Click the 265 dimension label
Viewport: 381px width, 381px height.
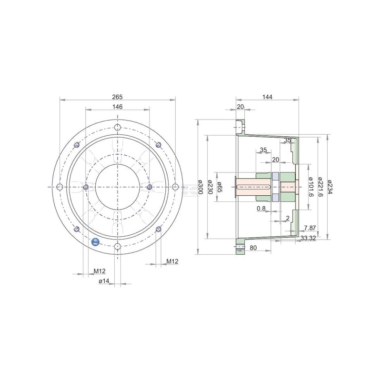[x=117, y=97]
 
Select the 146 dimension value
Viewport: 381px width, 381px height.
[x=117, y=107]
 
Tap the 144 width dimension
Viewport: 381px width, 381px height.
[x=267, y=97]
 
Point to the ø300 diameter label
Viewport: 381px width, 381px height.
[x=201, y=187]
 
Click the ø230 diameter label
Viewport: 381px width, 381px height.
[x=210, y=187]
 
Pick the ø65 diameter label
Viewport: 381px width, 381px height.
[x=220, y=187]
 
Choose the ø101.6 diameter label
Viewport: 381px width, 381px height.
[x=311, y=187]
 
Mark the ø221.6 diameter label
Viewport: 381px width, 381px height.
[x=320, y=187]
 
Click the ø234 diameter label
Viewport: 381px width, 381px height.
[x=330, y=187]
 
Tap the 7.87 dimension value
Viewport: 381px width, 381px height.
[x=310, y=228]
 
